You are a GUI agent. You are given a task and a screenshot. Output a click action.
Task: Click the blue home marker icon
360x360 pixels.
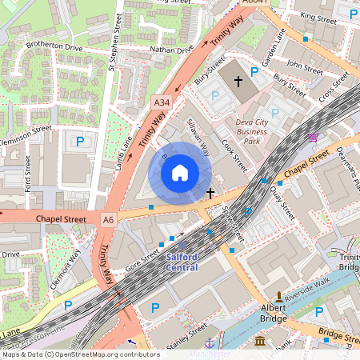click(x=180, y=172)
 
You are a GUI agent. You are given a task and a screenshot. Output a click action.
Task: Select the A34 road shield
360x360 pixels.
click(x=162, y=102)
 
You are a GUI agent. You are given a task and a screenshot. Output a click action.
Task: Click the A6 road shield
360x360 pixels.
click(x=109, y=218)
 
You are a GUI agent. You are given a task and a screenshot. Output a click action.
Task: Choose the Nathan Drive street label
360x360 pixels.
click(x=171, y=50)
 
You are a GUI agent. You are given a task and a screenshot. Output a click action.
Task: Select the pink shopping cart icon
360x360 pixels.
click(x=313, y=138)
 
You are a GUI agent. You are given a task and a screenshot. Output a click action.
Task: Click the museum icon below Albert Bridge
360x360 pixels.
click(x=261, y=342)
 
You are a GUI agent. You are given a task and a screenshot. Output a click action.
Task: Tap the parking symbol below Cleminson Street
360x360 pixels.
click(x=79, y=142)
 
